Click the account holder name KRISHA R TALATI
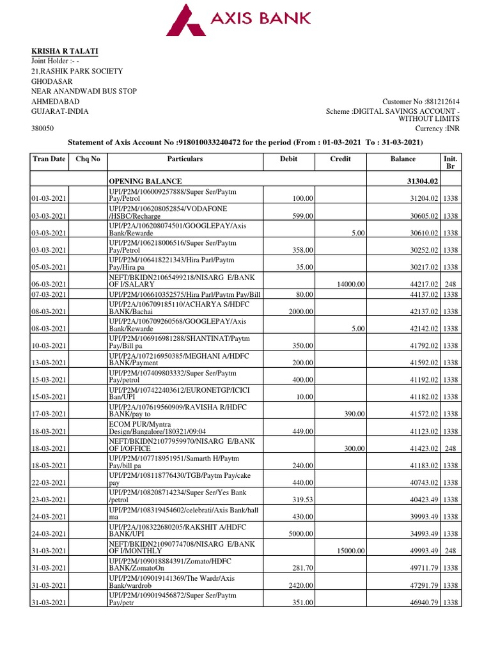click(x=65, y=51)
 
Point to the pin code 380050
click(x=43, y=129)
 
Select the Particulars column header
click(x=185, y=159)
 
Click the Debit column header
click(x=289, y=159)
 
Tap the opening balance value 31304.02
click(x=417, y=181)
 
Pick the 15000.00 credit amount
click(x=350, y=550)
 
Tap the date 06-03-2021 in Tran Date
click(x=51, y=284)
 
